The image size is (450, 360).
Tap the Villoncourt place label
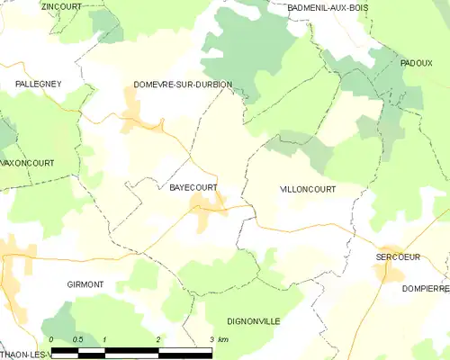point(308,190)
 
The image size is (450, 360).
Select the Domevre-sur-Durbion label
point(182,85)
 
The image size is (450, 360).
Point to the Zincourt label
point(61,6)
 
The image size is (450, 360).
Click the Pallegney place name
point(36,84)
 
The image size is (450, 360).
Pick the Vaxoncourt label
point(27,163)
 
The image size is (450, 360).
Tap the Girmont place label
point(85,284)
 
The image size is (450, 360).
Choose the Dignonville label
point(254,321)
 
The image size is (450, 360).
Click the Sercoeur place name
point(398,257)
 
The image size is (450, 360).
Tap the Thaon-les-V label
point(25,354)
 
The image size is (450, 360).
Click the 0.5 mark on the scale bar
point(78,339)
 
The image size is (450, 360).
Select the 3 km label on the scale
point(217,339)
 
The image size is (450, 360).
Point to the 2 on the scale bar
point(158,339)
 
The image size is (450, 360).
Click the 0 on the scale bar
point(52,339)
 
